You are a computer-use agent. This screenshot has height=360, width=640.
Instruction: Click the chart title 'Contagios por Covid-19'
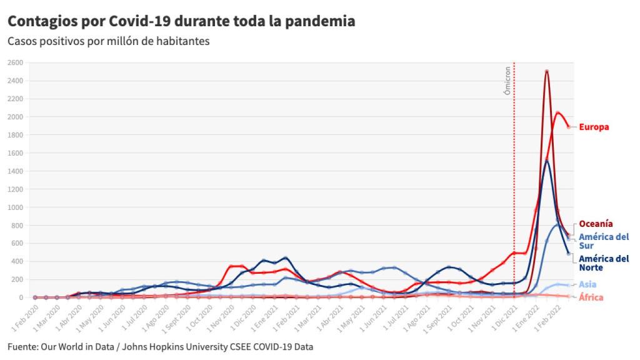(x=181, y=21)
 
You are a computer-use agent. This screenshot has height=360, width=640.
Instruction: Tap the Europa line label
(x=594, y=127)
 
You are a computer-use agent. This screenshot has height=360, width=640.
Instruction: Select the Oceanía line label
(x=596, y=224)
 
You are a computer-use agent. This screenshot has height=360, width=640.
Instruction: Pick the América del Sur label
(x=603, y=241)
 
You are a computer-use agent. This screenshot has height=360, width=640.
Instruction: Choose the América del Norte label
(x=603, y=263)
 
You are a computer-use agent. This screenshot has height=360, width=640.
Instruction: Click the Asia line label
(x=587, y=285)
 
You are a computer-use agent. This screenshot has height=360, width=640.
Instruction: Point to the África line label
(x=591, y=297)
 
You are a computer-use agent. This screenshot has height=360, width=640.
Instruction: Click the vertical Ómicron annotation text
(x=507, y=81)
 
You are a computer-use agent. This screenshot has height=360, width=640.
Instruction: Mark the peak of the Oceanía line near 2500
(x=547, y=71)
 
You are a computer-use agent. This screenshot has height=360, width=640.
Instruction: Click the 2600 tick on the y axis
(x=16, y=62)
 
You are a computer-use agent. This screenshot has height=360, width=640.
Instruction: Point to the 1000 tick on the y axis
(x=16, y=207)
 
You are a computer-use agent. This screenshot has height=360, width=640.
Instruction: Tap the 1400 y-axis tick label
(x=16, y=171)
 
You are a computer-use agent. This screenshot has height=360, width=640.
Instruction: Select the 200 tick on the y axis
(x=17, y=280)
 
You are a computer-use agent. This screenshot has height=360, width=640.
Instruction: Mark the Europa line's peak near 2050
(x=557, y=112)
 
